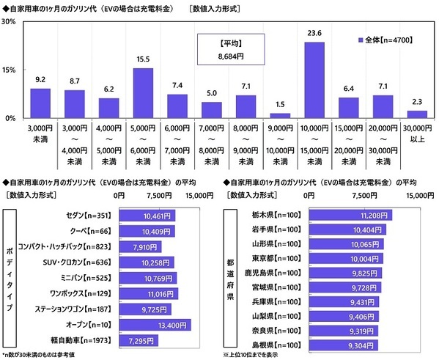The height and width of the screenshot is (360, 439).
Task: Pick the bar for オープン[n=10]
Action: (x=154, y=323)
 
